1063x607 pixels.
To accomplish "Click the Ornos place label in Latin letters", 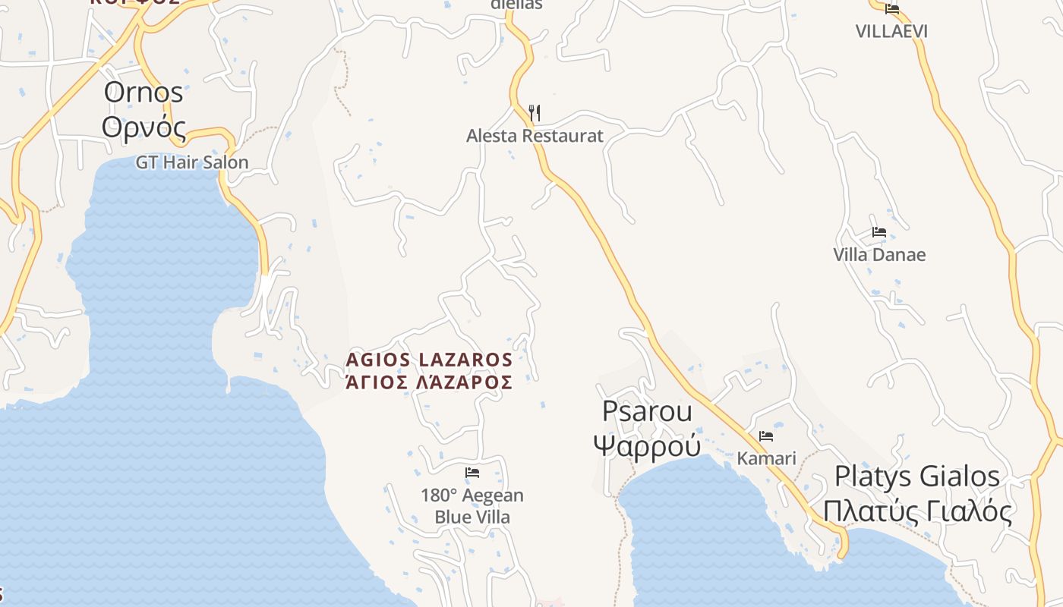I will point(144,93).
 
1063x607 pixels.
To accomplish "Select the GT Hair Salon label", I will point(192,162).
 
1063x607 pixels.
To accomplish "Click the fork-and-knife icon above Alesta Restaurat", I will point(535,113).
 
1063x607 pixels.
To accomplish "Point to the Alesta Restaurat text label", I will point(535,136).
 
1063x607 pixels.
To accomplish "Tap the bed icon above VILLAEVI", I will point(892,9).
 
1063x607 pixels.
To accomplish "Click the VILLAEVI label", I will point(891,31).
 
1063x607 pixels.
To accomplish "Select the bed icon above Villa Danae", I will point(879,232).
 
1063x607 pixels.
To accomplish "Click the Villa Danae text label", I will point(879,254).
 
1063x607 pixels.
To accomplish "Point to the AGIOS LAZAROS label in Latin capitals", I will point(429,359).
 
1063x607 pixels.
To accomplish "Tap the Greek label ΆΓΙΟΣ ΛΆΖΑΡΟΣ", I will point(429,382).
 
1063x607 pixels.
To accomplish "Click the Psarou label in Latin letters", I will point(647,411).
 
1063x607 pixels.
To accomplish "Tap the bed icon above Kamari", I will point(766,436).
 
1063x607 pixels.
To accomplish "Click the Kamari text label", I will point(766,458).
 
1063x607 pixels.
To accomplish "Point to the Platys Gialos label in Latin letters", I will point(917,476).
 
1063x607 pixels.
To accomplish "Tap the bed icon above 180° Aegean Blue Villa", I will point(472,473).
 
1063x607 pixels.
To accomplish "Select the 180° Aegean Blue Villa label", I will point(472,506).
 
